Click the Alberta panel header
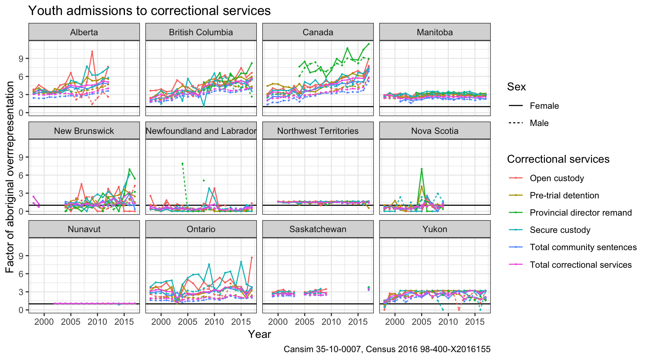[84, 32]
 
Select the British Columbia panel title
[201, 32]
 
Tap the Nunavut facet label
[84, 229]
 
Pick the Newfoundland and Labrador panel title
[201, 131]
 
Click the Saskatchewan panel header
[318, 229]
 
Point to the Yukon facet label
[435, 229]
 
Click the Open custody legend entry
[556, 178]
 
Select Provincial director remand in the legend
[580, 213]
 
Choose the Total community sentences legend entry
[583, 247]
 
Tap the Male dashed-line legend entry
[539, 123]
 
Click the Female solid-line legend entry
[544, 106]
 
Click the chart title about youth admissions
[149, 10]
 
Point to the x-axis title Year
[259, 334]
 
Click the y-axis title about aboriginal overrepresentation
[10, 177]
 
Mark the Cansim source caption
[387, 349]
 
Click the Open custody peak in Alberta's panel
[92, 51]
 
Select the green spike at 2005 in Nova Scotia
[421, 169]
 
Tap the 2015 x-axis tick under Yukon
[475, 321]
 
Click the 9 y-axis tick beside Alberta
[21, 58]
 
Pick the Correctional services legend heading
[558, 159]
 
